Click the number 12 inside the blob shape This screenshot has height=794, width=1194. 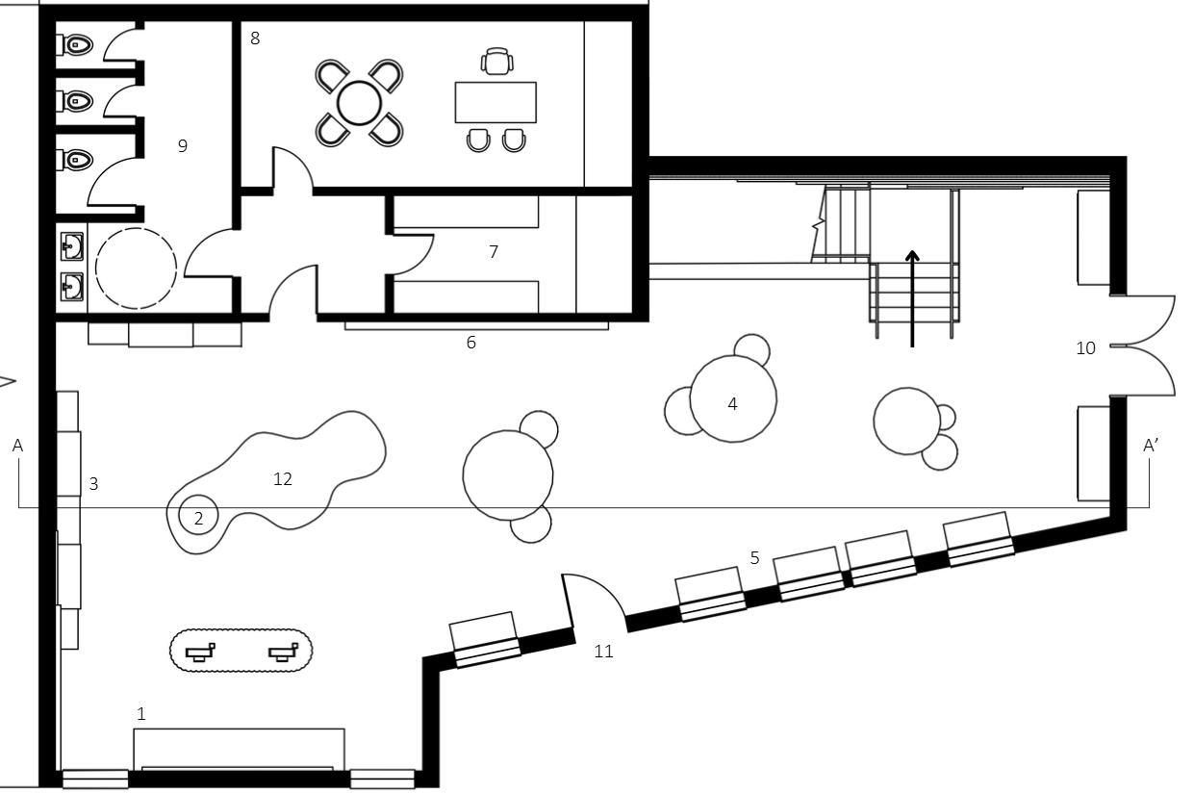(x=283, y=479)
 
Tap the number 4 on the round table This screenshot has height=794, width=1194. (x=732, y=404)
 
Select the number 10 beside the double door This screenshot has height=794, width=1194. (x=1085, y=348)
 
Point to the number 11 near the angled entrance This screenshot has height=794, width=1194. (x=603, y=652)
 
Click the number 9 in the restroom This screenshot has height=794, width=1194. (x=182, y=146)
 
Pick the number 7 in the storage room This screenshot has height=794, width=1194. (x=494, y=252)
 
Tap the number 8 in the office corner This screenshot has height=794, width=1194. (x=255, y=38)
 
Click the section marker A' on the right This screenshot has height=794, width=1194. (x=1151, y=446)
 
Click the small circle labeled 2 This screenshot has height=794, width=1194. (x=199, y=518)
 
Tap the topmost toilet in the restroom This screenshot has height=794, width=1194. (x=77, y=44)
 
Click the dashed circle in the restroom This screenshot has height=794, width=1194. (x=136, y=269)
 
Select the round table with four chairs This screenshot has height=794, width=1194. (x=360, y=103)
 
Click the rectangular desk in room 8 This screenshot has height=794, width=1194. (x=495, y=102)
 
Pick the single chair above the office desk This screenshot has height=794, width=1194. (x=496, y=62)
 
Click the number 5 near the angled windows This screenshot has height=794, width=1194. (x=755, y=558)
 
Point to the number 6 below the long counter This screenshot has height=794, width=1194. (x=471, y=343)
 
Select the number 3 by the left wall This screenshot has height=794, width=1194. (x=93, y=484)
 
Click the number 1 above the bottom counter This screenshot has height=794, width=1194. (x=141, y=714)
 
